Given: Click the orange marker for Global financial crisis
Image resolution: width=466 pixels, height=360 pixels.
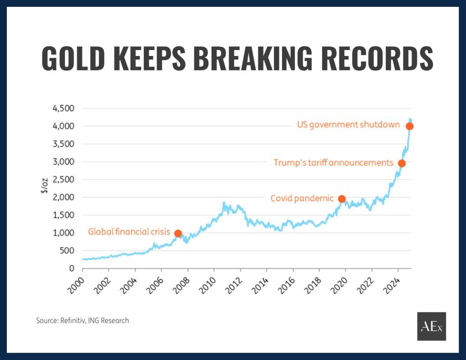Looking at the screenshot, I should pos(178,233).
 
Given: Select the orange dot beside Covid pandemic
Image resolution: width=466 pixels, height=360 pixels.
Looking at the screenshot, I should pos(342,199).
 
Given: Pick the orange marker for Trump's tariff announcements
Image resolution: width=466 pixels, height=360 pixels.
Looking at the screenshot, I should pos(401,163).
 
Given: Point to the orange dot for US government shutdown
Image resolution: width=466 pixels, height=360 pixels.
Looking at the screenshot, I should pos(410,126).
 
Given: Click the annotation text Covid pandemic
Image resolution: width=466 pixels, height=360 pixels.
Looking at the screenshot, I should pos(302,198).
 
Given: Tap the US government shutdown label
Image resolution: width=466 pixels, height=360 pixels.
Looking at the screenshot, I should pos(348,125).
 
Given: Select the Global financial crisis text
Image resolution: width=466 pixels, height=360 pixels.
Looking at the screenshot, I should pos(129,232).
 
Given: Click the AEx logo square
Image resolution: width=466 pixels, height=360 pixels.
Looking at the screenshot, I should pos(431,326).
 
